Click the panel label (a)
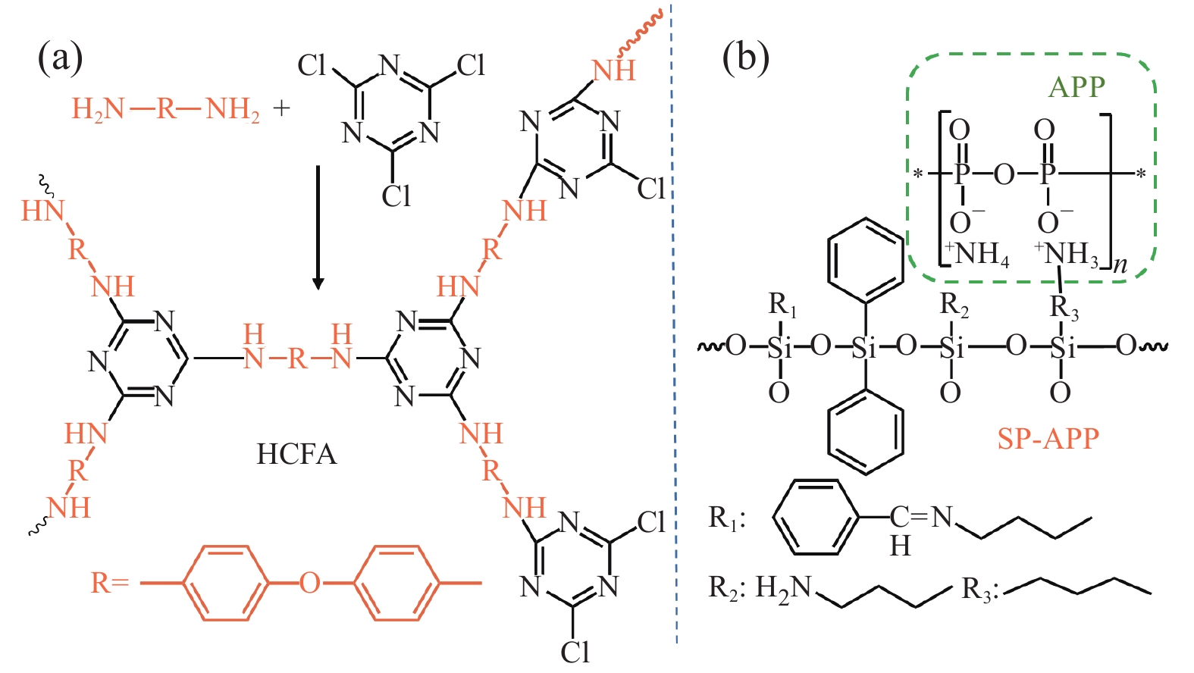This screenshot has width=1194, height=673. (x=60, y=58)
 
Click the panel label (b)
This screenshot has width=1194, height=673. (x=745, y=58)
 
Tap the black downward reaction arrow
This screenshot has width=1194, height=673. (x=318, y=227)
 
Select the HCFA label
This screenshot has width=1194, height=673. (x=296, y=454)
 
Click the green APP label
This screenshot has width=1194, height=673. (x=1076, y=87)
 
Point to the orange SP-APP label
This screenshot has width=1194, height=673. (x=1048, y=439)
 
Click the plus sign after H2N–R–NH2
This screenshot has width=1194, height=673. (x=282, y=108)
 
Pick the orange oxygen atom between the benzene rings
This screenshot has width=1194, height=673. (x=309, y=583)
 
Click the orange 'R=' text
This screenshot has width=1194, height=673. (x=110, y=583)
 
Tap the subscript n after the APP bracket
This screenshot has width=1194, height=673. (x=1120, y=265)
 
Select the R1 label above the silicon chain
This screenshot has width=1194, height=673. (x=782, y=305)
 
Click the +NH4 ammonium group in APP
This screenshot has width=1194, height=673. (x=977, y=254)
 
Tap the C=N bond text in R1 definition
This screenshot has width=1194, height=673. (x=920, y=518)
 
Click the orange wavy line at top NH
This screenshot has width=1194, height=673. (x=641, y=34)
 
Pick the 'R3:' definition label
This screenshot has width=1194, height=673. (x=978, y=590)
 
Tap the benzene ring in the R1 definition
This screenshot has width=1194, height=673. (x=817, y=518)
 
